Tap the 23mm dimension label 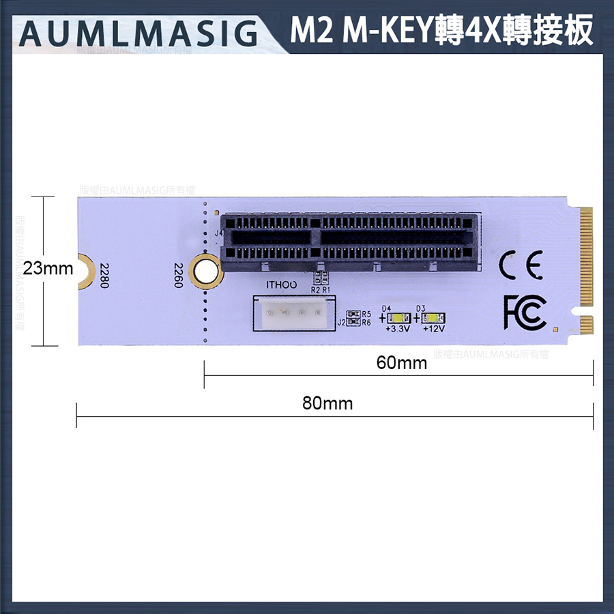point(48,268)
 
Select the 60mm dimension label point(401,363)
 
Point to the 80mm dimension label point(327,403)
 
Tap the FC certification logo point(524,312)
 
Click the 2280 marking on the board point(104,276)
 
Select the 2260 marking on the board point(178,276)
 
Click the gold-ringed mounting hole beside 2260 point(206,271)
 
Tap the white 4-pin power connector point(294,315)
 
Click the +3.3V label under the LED point(397,330)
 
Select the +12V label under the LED point(433,330)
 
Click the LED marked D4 point(397,318)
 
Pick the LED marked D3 point(433,318)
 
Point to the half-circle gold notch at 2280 point(85,269)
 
